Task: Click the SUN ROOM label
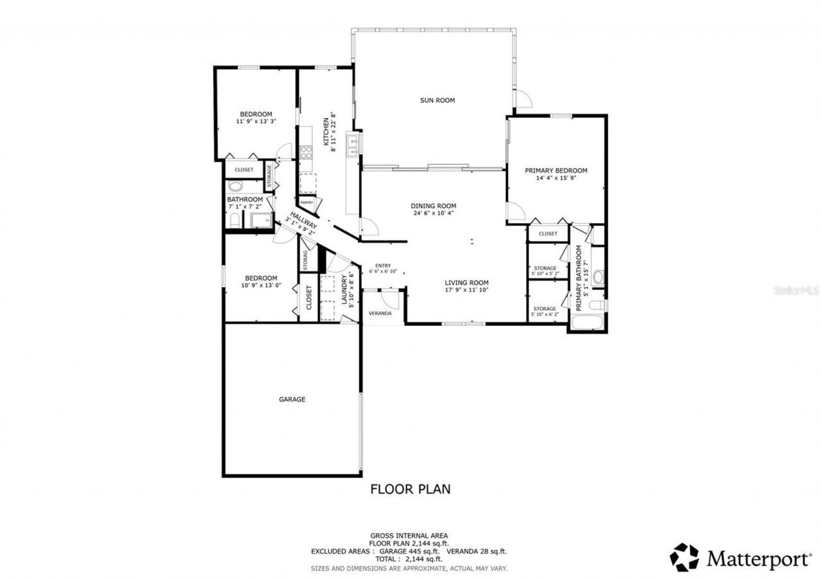pos(437,100)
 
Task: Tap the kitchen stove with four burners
pos(306,153)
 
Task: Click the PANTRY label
pos(307,203)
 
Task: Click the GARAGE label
pos(292,399)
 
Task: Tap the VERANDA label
pos(380,314)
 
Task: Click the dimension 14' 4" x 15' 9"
pos(555,178)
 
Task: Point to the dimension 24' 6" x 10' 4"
pos(433,213)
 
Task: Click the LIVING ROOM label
pos(467,282)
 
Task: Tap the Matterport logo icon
pos(685,557)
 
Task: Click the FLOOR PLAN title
pos(410,489)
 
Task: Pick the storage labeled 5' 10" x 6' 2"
pos(545,311)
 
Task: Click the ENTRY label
pos(383,266)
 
